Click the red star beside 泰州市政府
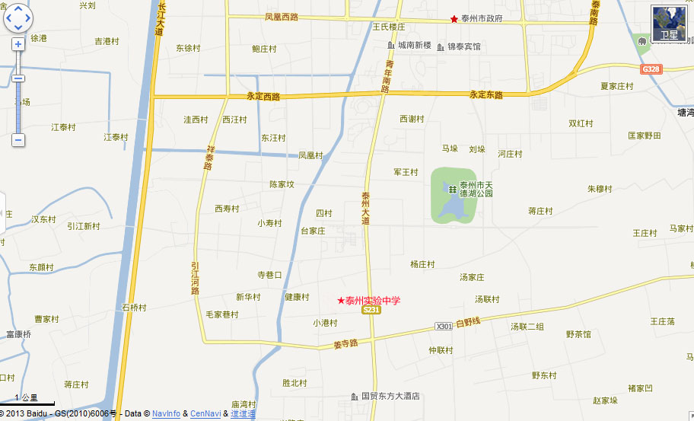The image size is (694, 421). (454, 18)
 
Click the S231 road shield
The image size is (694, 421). (371, 311)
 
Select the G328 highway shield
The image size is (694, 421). (651, 69)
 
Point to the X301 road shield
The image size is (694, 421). (444, 326)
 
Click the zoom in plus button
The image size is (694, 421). (18, 44)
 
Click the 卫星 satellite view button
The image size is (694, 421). (669, 24)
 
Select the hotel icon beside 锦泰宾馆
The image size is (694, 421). (441, 47)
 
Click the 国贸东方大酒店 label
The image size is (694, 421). (390, 397)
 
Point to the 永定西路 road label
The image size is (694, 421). (263, 97)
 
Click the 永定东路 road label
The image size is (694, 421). (486, 95)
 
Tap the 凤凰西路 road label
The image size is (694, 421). (282, 16)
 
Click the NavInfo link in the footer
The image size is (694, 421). (166, 413)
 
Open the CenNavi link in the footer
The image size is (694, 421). (205, 413)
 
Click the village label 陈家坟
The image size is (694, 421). (282, 184)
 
